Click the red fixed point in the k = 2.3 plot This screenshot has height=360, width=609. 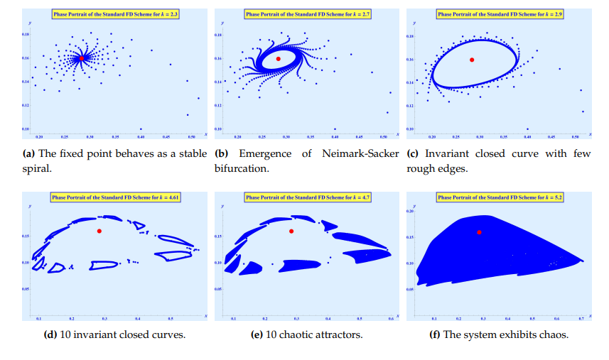[x=82, y=58]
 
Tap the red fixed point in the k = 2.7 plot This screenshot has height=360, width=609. [x=278, y=58]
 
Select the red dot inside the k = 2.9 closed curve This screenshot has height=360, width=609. [x=471, y=60]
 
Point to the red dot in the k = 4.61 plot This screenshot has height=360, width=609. [x=99, y=231]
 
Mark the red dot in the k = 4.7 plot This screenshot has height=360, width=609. [x=291, y=231]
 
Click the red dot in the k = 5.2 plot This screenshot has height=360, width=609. [x=480, y=232]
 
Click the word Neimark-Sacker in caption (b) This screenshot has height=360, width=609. [x=358, y=153]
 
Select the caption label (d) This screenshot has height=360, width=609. [x=63, y=334]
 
